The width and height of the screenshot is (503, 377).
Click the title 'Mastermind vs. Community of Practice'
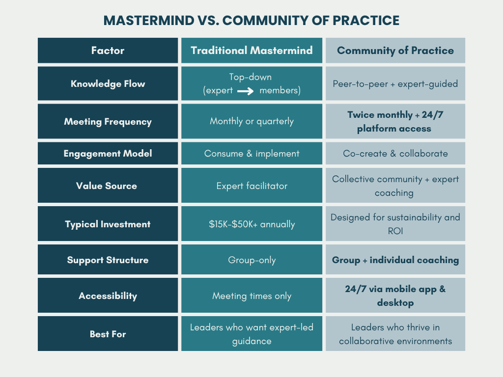[x=251, y=21]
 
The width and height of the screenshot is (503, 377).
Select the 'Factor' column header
[x=108, y=51]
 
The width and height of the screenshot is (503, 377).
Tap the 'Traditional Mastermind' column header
[x=251, y=51]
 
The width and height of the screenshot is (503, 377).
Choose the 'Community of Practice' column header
[x=395, y=51]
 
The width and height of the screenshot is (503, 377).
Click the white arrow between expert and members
[x=246, y=91]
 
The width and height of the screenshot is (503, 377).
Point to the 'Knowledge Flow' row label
[x=108, y=83]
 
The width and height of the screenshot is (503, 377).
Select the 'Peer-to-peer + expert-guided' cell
[x=395, y=83]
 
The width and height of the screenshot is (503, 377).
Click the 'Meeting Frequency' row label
[x=108, y=121]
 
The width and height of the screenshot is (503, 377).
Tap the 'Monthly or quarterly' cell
[x=251, y=121]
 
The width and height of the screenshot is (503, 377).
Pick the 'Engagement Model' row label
[x=108, y=154]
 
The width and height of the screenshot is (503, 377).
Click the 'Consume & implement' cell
[x=251, y=154]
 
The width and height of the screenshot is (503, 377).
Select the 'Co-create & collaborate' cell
[x=395, y=154]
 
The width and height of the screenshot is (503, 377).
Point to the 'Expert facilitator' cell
[x=251, y=186]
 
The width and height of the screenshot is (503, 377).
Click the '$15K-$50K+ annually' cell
[x=251, y=224]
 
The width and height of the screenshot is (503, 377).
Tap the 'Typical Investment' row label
[x=108, y=224]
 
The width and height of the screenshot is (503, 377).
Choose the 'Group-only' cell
[x=251, y=260]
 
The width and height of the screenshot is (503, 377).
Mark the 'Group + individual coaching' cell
[x=395, y=260]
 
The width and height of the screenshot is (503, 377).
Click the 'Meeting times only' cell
[x=251, y=296]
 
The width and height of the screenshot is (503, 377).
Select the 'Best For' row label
[x=108, y=334]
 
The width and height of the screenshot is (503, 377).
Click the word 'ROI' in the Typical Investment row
[x=395, y=231]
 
